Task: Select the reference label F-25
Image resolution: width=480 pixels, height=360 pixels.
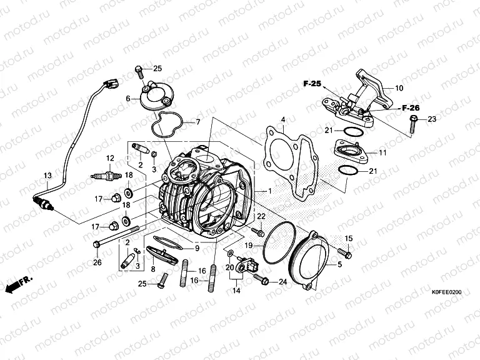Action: [x=312, y=83]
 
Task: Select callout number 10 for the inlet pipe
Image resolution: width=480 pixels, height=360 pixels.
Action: [x=399, y=88]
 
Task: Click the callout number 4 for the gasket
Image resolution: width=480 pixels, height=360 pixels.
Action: [x=282, y=119]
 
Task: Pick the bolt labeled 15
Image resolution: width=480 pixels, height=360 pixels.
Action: [x=344, y=252]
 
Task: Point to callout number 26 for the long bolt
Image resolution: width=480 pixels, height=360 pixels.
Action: [x=97, y=262]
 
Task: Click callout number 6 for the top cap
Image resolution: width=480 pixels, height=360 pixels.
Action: [x=128, y=99]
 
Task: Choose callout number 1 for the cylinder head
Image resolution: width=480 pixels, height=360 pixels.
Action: [x=269, y=190]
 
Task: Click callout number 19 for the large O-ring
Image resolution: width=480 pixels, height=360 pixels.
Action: [x=248, y=246]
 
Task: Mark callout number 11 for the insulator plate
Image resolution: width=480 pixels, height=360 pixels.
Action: [x=382, y=152]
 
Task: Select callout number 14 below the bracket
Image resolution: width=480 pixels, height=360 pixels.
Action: [x=237, y=291]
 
